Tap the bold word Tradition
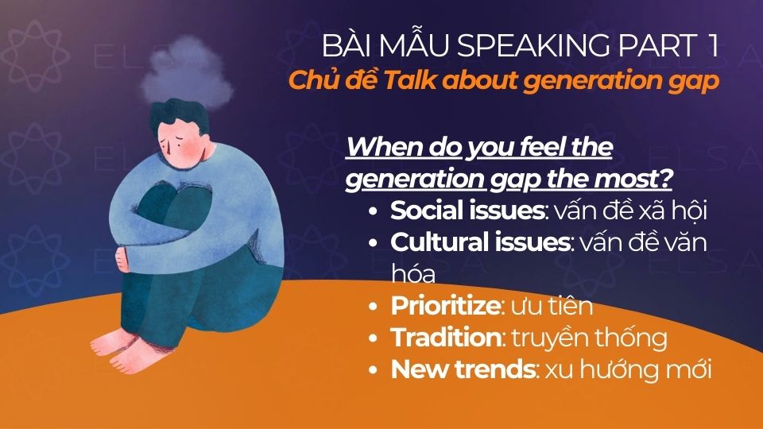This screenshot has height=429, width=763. point(443,338)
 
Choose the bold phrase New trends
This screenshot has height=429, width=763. point(459,369)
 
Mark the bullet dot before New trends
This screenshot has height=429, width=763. point(374,370)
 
